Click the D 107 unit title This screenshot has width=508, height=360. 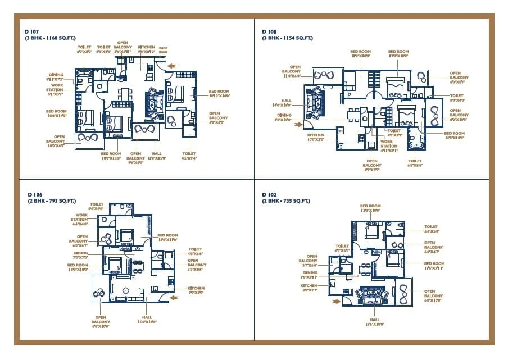pos(32,31)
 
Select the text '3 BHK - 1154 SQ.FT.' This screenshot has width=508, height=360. pos(287,38)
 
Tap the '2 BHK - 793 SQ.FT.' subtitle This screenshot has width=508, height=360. pos(51,200)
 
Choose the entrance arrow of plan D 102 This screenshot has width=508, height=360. pos(337,302)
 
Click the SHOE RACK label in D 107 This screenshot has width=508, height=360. pos(164,50)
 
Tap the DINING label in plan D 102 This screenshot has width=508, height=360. pos(311,275)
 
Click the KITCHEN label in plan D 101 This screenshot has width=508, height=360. pos(315,138)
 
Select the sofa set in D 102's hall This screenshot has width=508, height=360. pos(371,295)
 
